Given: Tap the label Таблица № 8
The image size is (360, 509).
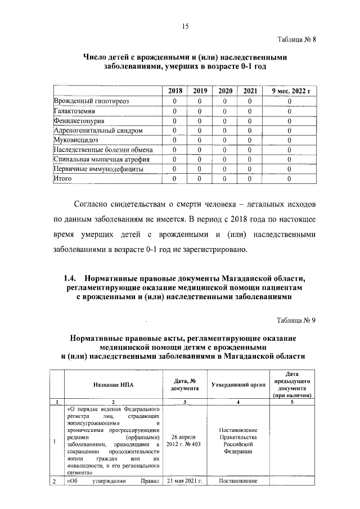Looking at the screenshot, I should pos(298,42).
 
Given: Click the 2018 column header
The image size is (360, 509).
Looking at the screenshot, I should pos(175,91).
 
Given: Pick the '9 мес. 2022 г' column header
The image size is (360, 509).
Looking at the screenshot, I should pos(290,91).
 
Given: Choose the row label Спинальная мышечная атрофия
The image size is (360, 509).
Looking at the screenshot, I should pos(97,159).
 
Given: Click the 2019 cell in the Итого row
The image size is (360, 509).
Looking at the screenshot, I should pos(200,179).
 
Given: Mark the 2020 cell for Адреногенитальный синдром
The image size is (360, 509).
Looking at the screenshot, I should pos(225,130).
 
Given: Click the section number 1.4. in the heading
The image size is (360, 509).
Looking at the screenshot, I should pos(69,278).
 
